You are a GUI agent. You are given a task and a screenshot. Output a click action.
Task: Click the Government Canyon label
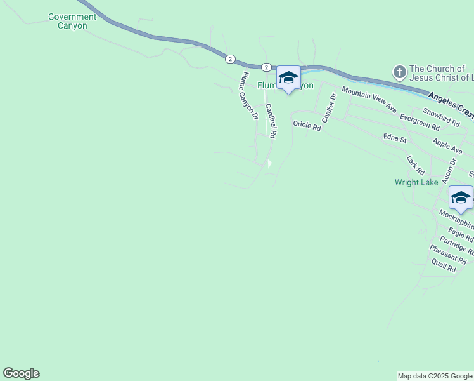click(72, 22)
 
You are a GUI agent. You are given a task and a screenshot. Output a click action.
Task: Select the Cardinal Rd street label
click(271, 121)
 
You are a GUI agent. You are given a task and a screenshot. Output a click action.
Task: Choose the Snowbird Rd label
click(441, 112)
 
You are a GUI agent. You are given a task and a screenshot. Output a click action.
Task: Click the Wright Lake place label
click(416, 182)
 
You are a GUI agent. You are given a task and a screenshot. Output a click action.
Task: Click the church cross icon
click(399, 70)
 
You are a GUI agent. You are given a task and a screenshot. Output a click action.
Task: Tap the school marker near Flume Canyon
click(288, 78)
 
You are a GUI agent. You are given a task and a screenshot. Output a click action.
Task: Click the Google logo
click(21, 373)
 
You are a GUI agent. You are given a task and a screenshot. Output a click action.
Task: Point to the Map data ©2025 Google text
click(435, 376)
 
